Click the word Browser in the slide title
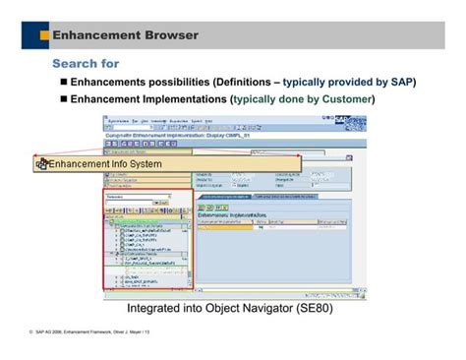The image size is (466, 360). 166,35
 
